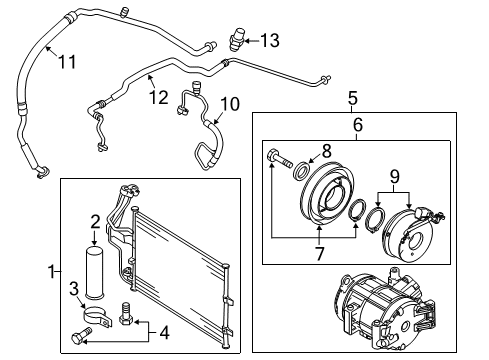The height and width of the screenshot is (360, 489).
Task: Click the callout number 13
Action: point(269,41)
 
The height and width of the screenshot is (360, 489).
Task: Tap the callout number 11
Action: point(67,62)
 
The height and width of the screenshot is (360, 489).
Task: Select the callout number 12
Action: point(159,97)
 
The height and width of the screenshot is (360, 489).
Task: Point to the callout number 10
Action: point(230,104)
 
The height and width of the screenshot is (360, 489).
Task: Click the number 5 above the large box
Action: point(353,98)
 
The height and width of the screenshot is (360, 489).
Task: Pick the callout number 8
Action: point(327,151)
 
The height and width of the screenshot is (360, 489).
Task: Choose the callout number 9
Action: point(394,177)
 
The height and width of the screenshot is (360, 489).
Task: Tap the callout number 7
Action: point(319,254)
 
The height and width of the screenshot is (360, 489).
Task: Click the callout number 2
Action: point(95,222)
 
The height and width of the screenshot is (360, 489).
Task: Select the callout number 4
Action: point(164,333)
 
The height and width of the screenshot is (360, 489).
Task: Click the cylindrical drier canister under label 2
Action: point(94,271)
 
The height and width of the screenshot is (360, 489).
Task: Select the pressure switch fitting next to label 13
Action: point(237,39)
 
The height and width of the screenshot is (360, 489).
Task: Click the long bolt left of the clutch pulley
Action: point(279,159)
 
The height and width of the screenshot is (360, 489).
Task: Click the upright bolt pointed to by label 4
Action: point(126,314)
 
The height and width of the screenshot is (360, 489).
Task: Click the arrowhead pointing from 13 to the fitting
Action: point(247,41)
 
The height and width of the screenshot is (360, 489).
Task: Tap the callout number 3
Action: point(74,289)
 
